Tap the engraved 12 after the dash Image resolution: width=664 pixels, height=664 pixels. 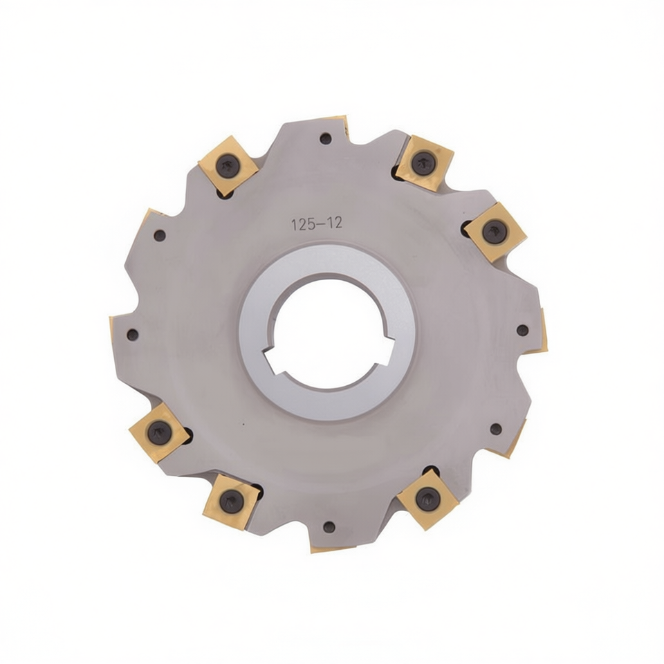335,223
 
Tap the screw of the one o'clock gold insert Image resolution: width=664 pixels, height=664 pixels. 421,161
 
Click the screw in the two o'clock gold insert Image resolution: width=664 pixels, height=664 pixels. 492,232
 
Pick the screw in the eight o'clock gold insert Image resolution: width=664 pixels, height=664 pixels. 157,431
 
